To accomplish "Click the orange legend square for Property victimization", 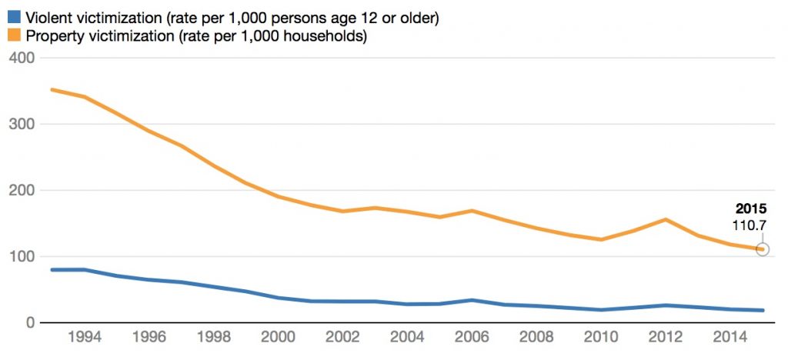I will coord(13,35).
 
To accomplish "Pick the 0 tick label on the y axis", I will coord(29,322).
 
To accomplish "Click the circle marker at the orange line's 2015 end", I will coord(763,249).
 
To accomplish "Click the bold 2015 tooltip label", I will coord(751,208).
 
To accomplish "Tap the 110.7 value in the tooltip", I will coord(751,225).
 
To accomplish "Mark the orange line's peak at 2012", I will coord(665,219).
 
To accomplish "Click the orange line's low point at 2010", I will coord(600,239).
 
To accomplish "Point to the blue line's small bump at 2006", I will coord(471,300).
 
